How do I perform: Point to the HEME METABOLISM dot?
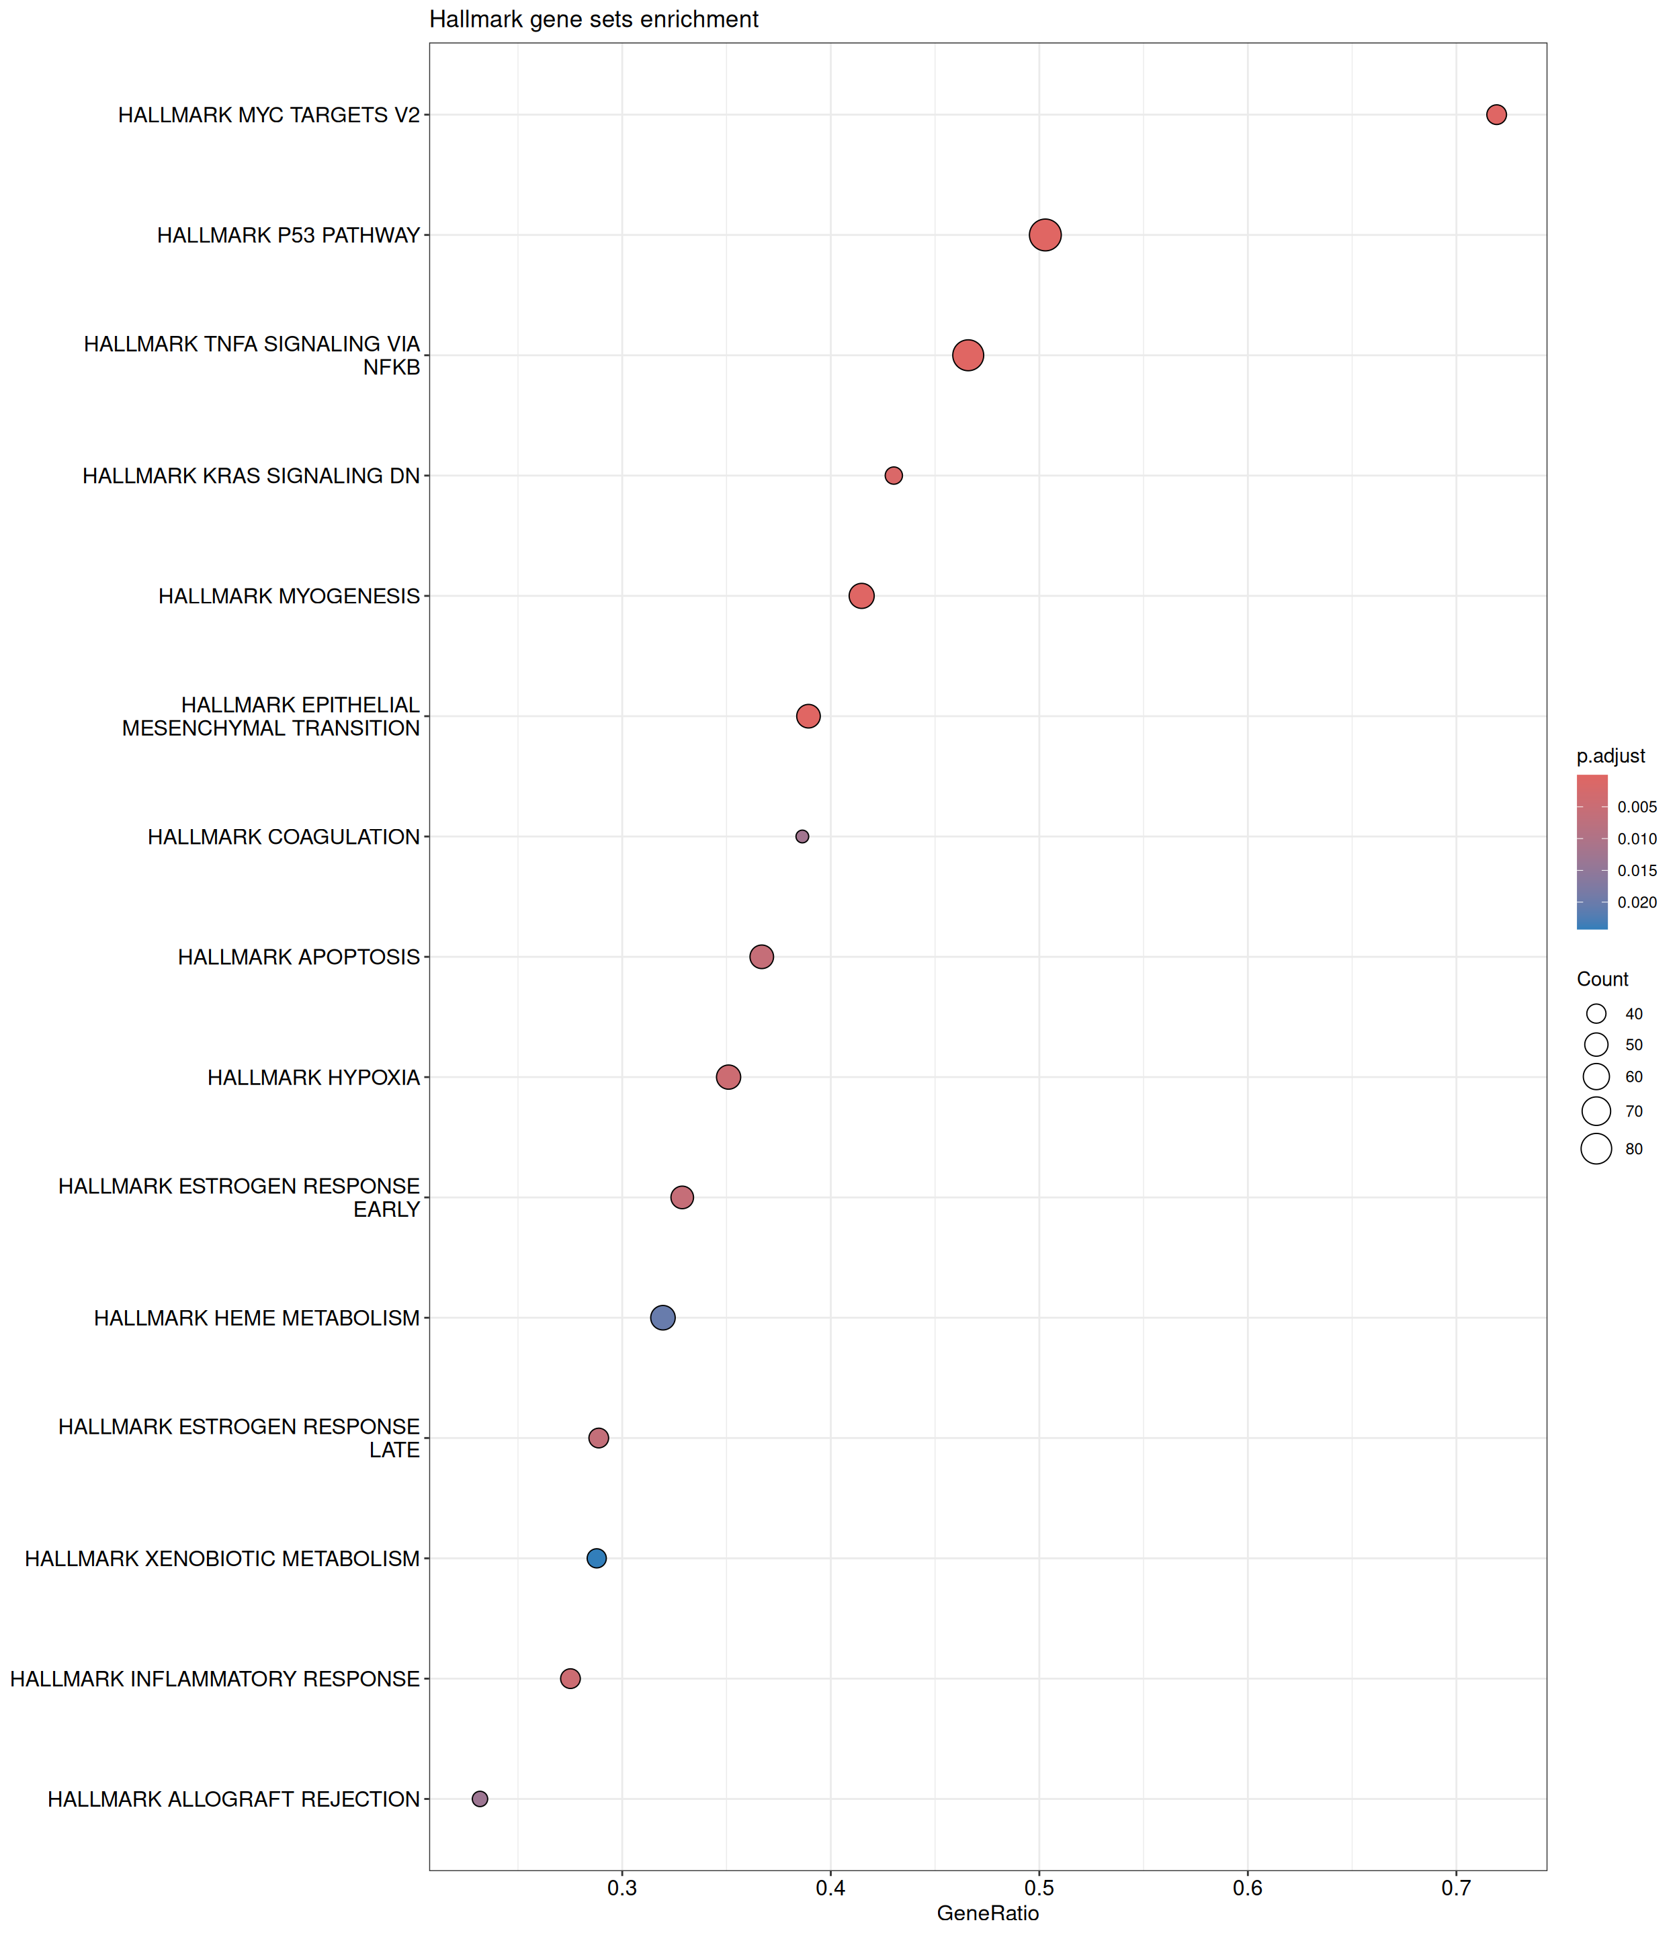point(662,1318)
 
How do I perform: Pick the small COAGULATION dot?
point(802,836)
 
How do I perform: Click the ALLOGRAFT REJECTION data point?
point(480,1799)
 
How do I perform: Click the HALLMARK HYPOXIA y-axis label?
point(314,1078)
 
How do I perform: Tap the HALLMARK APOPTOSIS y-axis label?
point(298,957)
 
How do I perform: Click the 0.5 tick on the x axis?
point(1039,1888)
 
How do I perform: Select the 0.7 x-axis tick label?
point(1456,1888)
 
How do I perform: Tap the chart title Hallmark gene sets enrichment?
point(593,19)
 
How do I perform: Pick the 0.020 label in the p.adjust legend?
point(1637,903)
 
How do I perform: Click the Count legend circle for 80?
point(1596,1148)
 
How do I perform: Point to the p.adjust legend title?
point(1610,756)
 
